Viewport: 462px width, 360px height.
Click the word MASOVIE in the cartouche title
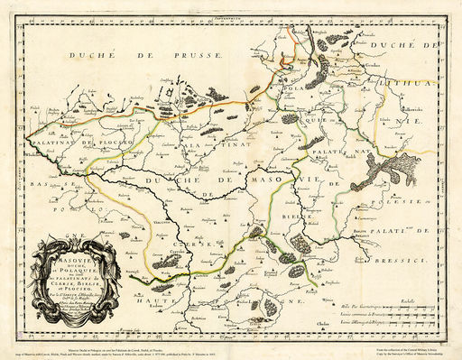pos(76,257)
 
